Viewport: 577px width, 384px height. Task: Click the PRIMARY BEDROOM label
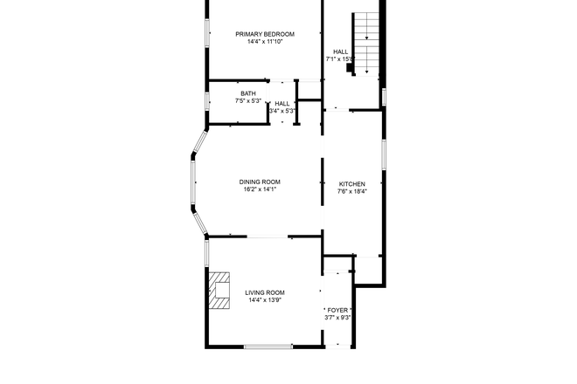(265, 34)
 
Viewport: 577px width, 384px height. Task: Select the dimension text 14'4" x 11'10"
(265, 42)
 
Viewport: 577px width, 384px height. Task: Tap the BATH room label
(248, 93)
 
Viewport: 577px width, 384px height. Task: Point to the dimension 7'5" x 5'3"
(248, 101)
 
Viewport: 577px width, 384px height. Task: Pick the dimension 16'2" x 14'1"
(261, 189)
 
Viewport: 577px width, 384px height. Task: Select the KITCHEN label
(352, 183)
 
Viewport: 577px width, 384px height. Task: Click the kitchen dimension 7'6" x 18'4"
(352, 191)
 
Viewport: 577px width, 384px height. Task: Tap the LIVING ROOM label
(264, 292)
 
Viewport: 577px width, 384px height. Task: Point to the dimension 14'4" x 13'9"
(264, 300)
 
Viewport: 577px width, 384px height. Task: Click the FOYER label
(337, 310)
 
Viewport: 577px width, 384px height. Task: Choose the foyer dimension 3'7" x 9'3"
(337, 318)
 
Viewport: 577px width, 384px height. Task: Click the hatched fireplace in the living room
(219, 291)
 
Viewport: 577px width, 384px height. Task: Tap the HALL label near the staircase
(340, 51)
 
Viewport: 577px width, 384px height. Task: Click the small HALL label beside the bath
(282, 103)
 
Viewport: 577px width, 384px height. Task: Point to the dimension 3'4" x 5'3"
(282, 111)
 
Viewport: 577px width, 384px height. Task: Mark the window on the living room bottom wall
(268, 347)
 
